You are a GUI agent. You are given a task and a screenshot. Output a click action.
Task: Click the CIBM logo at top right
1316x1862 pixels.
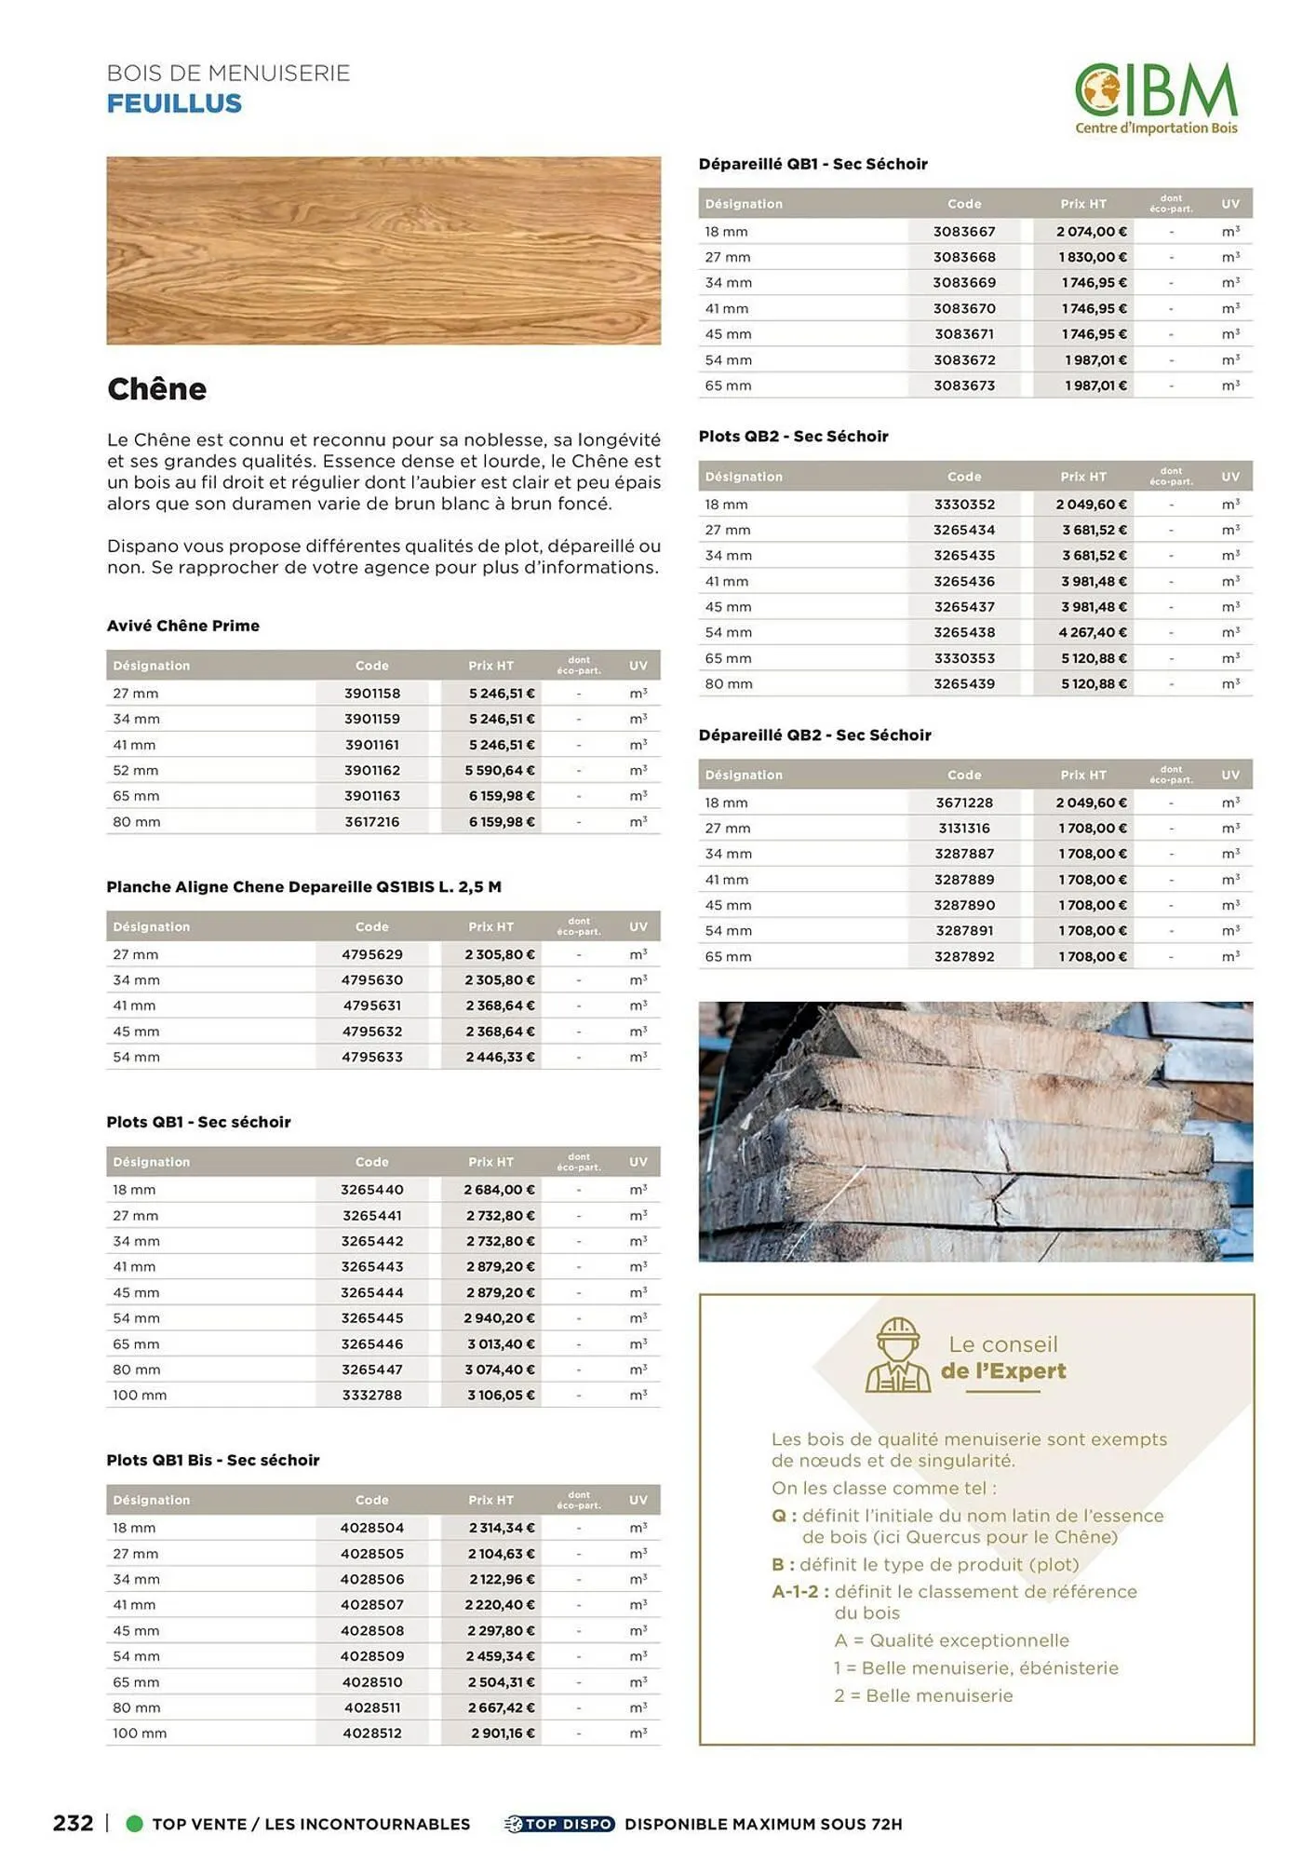[1156, 99]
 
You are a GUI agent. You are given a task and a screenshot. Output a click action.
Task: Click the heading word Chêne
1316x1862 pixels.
[156, 389]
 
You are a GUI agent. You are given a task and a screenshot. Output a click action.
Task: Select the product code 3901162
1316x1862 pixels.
[372, 771]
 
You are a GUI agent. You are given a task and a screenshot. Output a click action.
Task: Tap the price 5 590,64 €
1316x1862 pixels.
[501, 771]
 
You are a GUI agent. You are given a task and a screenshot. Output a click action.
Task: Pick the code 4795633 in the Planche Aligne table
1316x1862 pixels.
[372, 1058]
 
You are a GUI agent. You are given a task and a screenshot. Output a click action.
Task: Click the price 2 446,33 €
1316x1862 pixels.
[501, 1058]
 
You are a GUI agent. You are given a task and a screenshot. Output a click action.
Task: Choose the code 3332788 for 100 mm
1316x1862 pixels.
[372, 1396]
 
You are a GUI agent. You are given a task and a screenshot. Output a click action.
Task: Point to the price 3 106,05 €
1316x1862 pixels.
[501, 1396]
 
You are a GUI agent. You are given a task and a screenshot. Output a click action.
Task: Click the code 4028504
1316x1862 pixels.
[372, 1528]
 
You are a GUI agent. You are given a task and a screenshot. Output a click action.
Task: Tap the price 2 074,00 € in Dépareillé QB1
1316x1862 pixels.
[1091, 232]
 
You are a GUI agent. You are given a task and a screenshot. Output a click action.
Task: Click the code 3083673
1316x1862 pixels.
[964, 385]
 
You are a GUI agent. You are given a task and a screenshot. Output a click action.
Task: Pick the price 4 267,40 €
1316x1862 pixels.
[1091, 632]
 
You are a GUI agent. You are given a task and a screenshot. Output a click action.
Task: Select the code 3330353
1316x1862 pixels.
[964, 658]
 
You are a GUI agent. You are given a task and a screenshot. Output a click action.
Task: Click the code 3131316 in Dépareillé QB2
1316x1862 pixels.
[964, 829]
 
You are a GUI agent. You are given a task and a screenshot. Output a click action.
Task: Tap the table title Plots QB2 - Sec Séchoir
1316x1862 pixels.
[793, 437]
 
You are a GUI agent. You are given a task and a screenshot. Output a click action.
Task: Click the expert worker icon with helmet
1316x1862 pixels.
[897, 1356]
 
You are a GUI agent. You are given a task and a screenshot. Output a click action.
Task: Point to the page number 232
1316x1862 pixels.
[74, 1823]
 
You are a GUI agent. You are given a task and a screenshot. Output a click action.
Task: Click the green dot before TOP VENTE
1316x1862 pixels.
[134, 1824]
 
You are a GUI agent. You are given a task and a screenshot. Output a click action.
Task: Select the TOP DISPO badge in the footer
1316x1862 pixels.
[560, 1824]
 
